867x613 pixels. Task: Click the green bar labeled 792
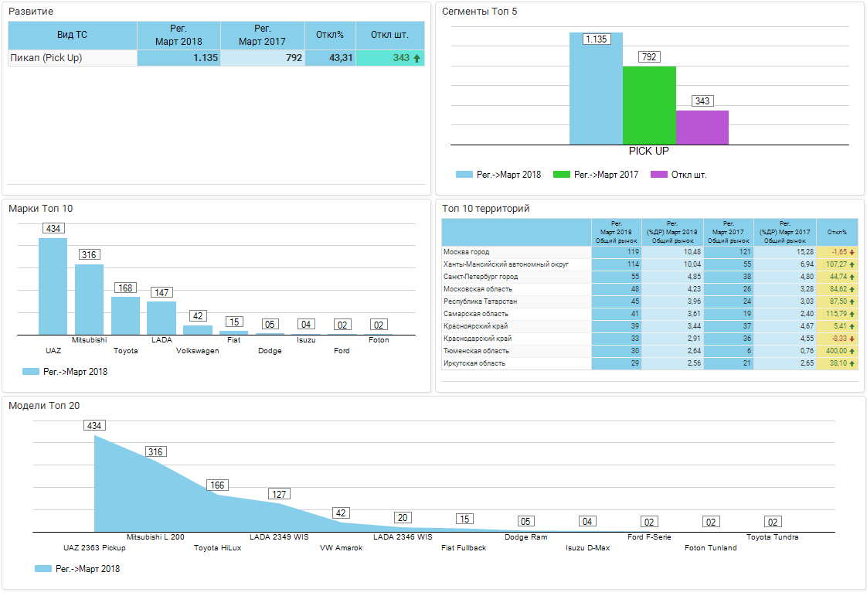coord(649,105)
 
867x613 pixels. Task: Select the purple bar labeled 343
coord(702,128)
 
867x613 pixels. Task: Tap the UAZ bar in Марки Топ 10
coord(53,286)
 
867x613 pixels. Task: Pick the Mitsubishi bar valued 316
coord(89,299)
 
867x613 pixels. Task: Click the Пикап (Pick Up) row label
coord(46,58)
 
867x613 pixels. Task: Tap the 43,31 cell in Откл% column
coord(330,58)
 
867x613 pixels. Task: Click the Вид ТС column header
coord(72,36)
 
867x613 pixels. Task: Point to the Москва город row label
coord(467,252)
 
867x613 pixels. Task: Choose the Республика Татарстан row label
coord(481,301)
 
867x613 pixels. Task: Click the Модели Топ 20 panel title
coord(44,406)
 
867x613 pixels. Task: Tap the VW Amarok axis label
coord(341,548)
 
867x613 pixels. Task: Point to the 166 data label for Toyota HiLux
coord(218,485)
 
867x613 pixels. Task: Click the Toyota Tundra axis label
coord(772,537)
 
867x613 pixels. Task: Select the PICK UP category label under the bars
coord(648,152)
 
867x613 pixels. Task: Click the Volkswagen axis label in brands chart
coord(197,351)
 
